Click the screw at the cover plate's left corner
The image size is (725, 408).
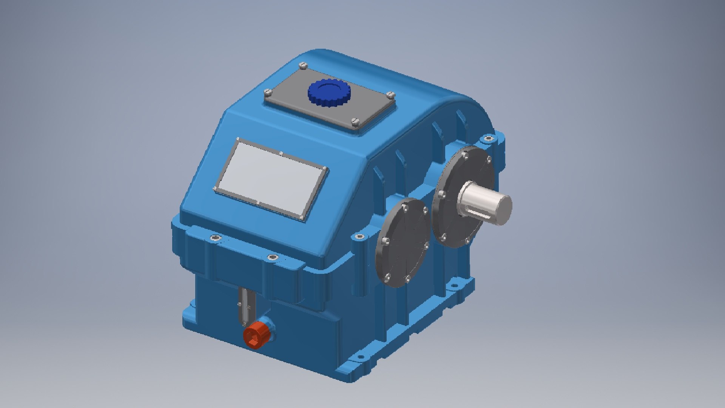pyautogui.click(x=268, y=91)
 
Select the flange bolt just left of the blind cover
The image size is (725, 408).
pyautogui.click(x=359, y=237)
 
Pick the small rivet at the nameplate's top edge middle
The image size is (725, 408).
pyautogui.click(x=281, y=153)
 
